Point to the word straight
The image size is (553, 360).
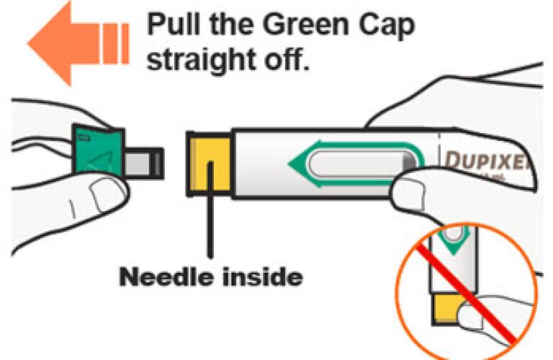pos(201,60)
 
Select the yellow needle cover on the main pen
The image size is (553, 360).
pos(210,164)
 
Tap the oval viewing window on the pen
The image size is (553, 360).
pos(362,164)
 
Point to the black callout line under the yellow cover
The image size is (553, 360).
pos(210,210)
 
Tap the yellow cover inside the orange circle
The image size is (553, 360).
pos(448,309)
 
